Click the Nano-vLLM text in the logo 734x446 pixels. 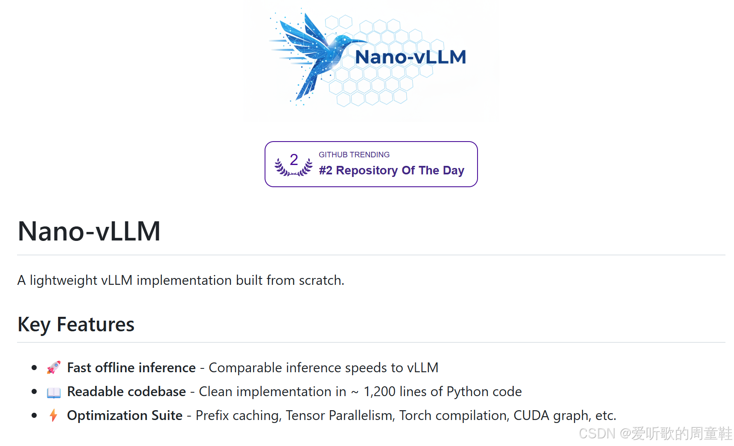(410, 57)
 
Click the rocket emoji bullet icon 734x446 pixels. (54, 368)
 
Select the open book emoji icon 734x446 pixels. (54, 392)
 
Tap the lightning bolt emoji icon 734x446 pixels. (53, 415)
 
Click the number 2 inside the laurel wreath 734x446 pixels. (294, 160)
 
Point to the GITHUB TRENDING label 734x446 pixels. (354, 155)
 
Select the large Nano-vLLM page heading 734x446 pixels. (89, 232)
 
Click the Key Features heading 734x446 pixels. (76, 324)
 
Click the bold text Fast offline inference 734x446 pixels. (131, 368)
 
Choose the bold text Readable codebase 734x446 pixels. (126, 392)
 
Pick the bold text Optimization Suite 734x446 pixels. (125, 416)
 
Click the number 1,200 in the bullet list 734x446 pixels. (379, 392)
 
